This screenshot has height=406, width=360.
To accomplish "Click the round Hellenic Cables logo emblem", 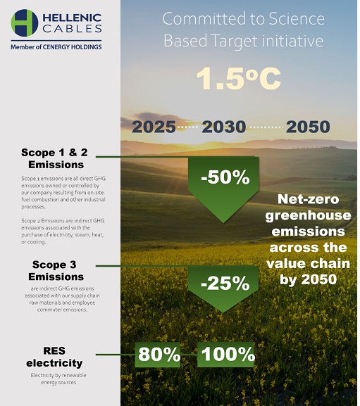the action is (x=25, y=23).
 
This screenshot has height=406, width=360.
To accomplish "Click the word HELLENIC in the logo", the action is (x=72, y=18).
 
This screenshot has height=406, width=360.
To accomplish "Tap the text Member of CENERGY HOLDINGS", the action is (x=56, y=47).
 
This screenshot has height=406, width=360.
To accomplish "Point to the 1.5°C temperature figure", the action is (x=239, y=79).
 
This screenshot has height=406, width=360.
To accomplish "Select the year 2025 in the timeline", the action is (x=154, y=127).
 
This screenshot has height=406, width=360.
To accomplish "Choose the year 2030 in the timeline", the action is (x=224, y=127).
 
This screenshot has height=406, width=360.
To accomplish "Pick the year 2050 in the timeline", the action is (x=308, y=127).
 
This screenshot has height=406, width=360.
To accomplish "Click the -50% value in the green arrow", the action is (x=225, y=177).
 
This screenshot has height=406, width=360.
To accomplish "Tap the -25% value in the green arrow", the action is (x=225, y=283).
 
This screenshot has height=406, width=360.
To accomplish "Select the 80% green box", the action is (x=158, y=355).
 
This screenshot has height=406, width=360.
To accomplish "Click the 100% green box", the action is (x=225, y=355).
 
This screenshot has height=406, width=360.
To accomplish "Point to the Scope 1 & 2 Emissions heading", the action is (x=55, y=158).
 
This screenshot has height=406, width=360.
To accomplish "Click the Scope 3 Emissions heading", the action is (x=56, y=271).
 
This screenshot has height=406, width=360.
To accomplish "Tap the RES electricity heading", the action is (x=54, y=357).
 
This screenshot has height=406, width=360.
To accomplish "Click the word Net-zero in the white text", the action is (x=308, y=199).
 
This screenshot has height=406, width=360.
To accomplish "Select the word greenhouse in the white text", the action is (x=308, y=216).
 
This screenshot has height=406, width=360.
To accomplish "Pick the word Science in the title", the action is (x=296, y=18).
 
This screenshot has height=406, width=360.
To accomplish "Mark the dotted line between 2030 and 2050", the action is (x=266, y=127).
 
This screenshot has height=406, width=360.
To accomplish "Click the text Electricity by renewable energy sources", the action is (x=58, y=379).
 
